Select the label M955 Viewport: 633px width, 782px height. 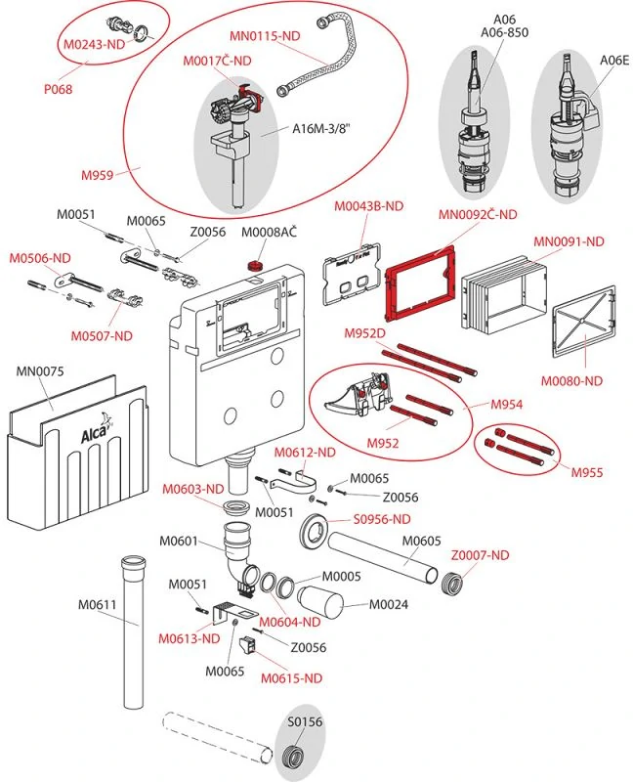(x=588, y=473)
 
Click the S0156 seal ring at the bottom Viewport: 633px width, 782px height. (x=290, y=758)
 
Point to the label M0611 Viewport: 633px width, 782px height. (x=98, y=604)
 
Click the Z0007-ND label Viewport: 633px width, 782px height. (x=480, y=555)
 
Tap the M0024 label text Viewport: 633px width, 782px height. (x=389, y=603)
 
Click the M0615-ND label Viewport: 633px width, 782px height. (x=291, y=677)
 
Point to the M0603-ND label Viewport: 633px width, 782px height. (x=193, y=489)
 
